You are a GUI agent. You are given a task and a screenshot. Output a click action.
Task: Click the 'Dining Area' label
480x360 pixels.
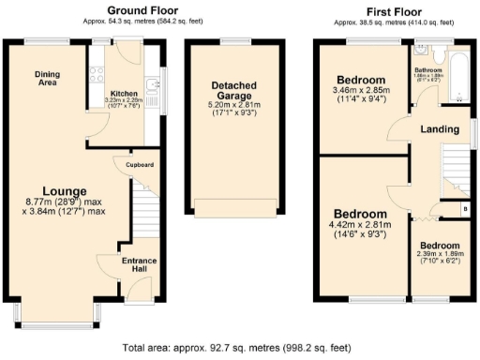pyautogui.click(x=49, y=79)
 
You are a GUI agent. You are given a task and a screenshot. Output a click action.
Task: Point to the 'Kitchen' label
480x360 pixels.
pyautogui.click(x=125, y=94)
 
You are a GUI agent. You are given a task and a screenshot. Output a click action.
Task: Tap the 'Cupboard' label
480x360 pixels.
pyautogui.click(x=139, y=165)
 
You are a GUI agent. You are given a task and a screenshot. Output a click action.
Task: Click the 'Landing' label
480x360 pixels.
pyautogui.click(x=439, y=128)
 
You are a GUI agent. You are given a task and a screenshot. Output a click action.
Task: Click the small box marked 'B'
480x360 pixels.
pyautogui.click(x=464, y=207)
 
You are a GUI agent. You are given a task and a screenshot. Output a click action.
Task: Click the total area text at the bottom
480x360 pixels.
pyautogui.click(x=240, y=347)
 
